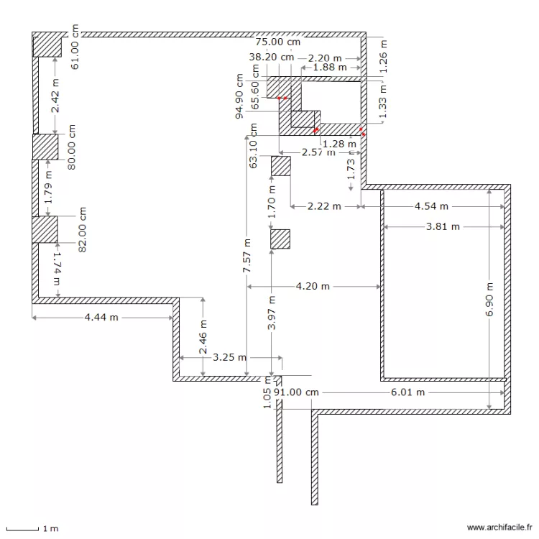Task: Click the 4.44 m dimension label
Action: pyautogui.click(x=101, y=318)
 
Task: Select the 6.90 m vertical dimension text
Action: pyautogui.click(x=489, y=305)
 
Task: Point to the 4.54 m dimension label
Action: pyautogui.click(x=431, y=206)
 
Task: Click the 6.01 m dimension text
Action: pyautogui.click(x=407, y=392)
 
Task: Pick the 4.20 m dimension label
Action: pyautogui.click(x=313, y=286)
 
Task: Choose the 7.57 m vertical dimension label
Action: pyautogui.click(x=247, y=255)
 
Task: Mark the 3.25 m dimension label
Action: pyautogui.click(x=230, y=357)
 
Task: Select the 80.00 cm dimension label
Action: pyautogui.click(x=71, y=147)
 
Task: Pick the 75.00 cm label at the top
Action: pyautogui.click(x=278, y=42)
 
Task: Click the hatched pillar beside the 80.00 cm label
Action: pyautogui.click(x=45, y=147)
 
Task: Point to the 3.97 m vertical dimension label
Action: pyautogui.click(x=271, y=313)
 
